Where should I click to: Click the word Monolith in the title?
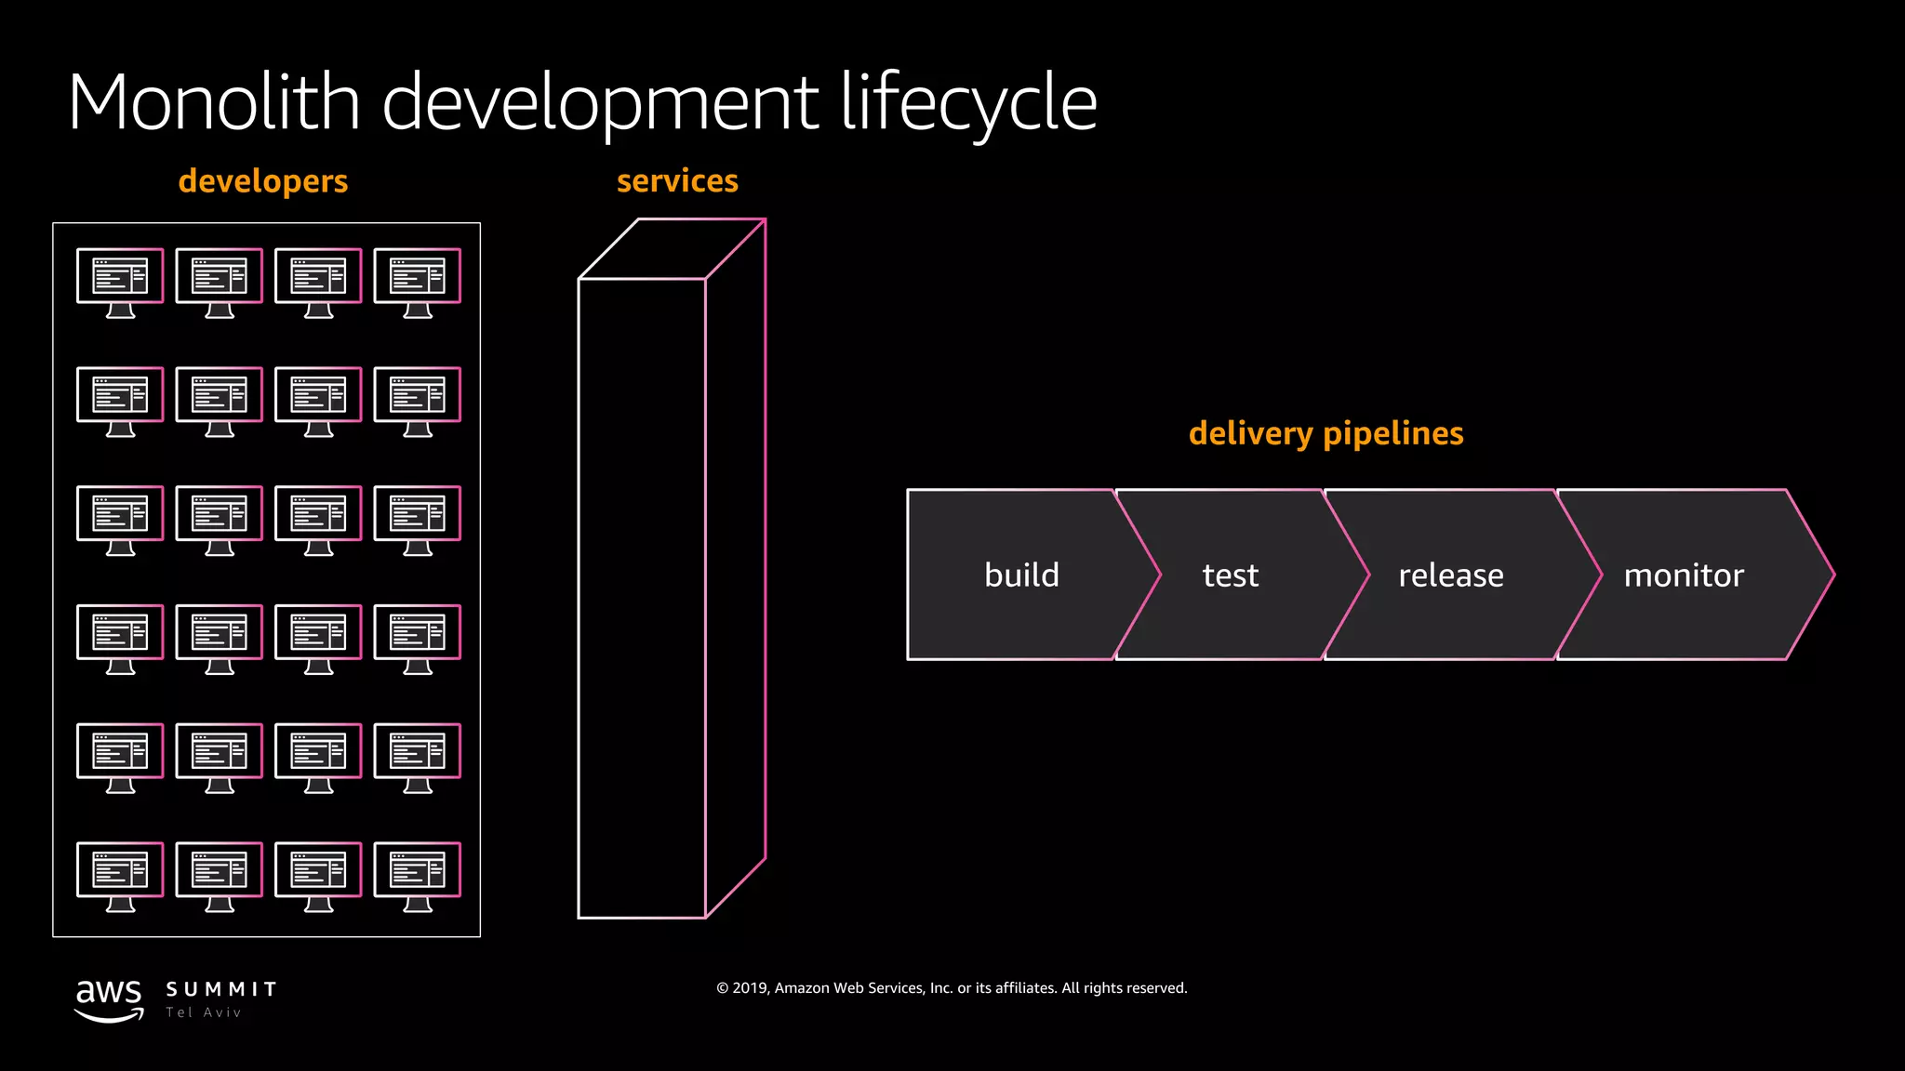click(214, 102)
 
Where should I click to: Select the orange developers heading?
click(263, 181)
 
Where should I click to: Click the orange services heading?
click(677, 180)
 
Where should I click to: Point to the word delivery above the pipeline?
click(1250, 434)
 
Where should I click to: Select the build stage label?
click(1021, 575)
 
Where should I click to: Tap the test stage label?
click(1230, 575)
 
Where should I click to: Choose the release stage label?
click(1450, 575)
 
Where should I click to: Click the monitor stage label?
click(1684, 575)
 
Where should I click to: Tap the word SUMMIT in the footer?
click(221, 989)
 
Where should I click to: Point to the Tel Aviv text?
click(204, 1012)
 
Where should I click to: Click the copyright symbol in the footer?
click(723, 988)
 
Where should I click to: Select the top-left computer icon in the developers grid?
click(120, 282)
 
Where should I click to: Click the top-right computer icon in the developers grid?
click(417, 282)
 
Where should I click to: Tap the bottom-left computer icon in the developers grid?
click(120, 876)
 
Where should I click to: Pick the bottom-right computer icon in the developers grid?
click(417, 876)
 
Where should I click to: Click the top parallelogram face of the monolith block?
click(672, 249)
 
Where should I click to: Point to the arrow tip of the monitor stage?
click(1831, 575)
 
